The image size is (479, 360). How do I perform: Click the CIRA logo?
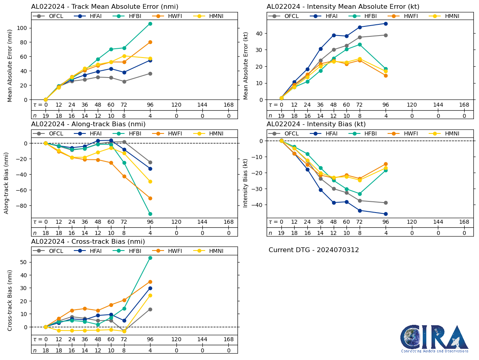[434, 339]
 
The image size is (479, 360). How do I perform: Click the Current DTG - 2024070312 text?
[314, 250]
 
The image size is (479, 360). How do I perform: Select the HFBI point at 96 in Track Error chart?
[150, 24]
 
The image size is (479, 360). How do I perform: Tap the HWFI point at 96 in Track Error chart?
[150, 42]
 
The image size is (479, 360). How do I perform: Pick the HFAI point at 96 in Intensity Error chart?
[386, 24]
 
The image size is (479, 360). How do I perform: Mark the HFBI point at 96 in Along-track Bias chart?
[150, 214]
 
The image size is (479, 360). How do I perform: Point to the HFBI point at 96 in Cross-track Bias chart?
[150, 258]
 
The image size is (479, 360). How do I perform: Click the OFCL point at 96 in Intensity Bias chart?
[386, 203]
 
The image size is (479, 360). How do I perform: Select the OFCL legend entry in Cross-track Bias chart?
[51, 251]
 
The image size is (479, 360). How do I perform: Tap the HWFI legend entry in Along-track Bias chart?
[167, 133]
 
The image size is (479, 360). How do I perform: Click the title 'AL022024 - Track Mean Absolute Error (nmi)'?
[105, 7]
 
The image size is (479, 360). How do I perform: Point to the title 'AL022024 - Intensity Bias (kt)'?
[316, 124]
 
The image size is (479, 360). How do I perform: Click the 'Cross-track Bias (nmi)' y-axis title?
[10, 300]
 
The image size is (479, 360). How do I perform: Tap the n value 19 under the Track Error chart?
[46, 115]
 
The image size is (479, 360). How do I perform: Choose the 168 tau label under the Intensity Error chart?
[464, 105]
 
